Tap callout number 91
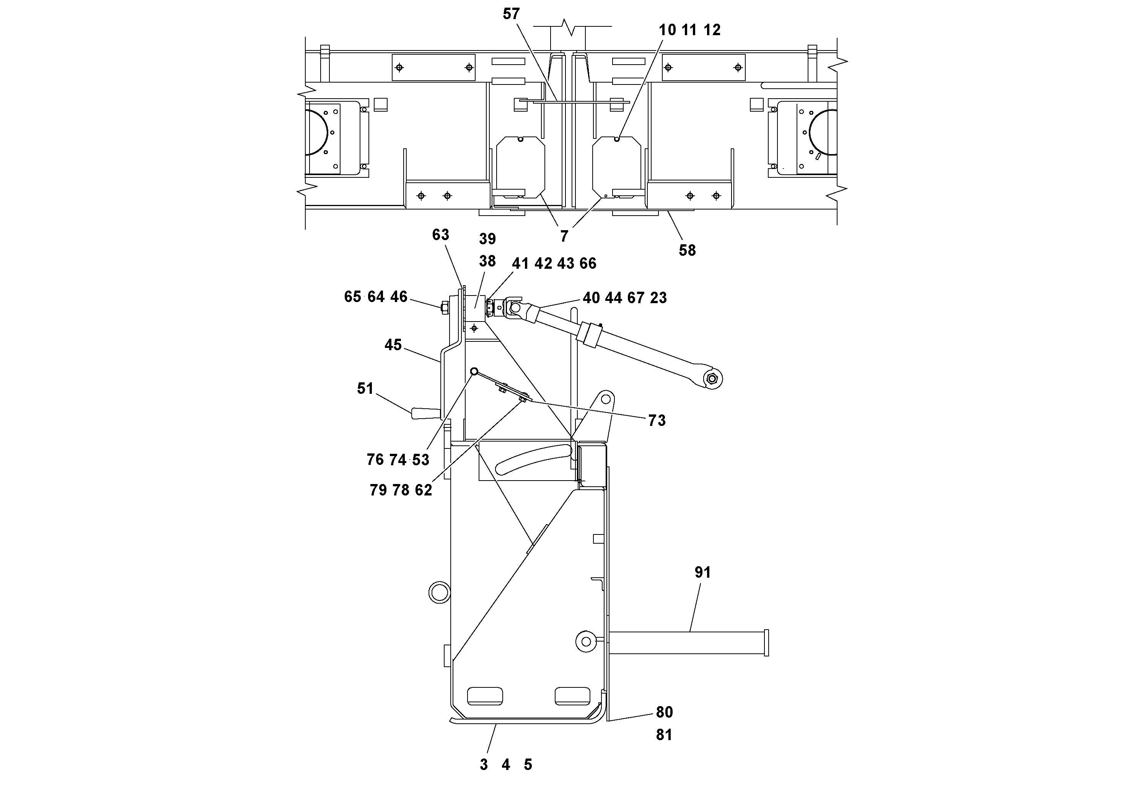click(x=702, y=573)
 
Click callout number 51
click(x=365, y=388)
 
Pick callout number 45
click(x=393, y=344)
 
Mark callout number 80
click(x=664, y=712)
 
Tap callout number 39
click(x=487, y=239)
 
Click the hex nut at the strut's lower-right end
click(x=713, y=379)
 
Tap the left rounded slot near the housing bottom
click(x=485, y=696)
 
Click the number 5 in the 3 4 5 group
click(x=528, y=765)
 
